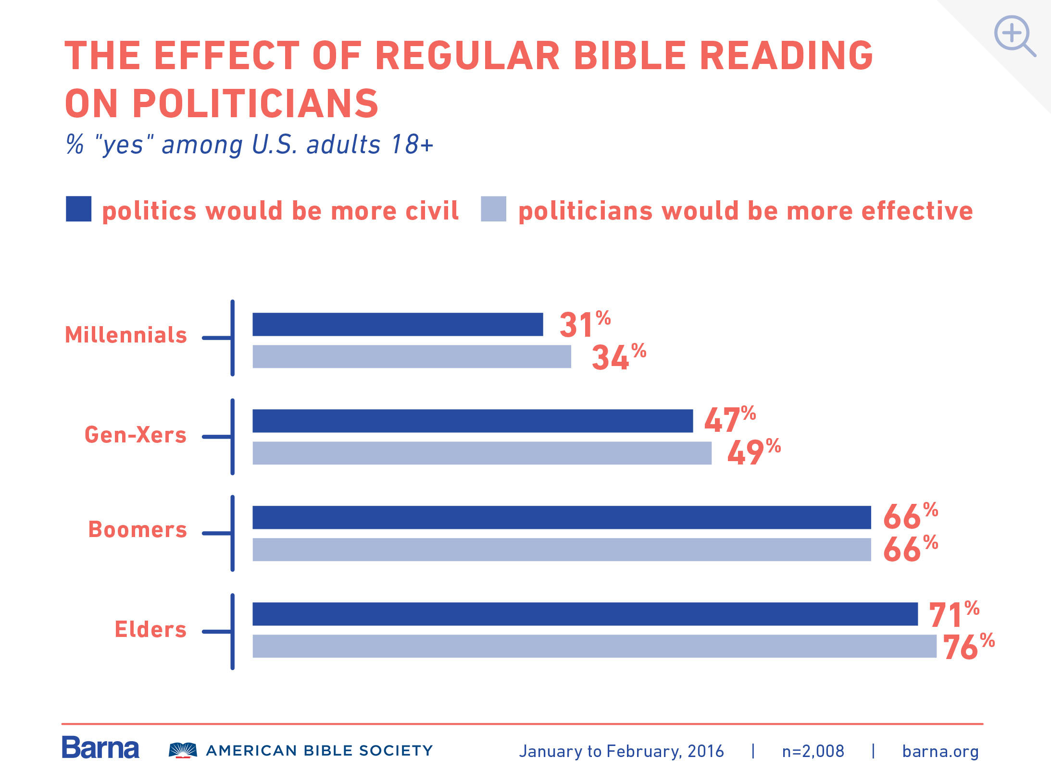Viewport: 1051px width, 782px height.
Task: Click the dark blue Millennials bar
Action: tap(398, 324)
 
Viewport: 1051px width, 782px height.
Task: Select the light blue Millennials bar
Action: tap(412, 356)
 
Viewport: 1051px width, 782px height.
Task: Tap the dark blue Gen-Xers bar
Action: tap(473, 421)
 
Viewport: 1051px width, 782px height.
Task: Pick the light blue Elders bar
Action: tap(594, 646)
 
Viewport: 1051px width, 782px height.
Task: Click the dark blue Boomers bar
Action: tap(562, 517)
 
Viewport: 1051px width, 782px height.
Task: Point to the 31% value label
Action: tap(584, 325)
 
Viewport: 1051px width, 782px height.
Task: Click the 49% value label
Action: tap(753, 452)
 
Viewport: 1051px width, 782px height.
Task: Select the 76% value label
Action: tap(968, 647)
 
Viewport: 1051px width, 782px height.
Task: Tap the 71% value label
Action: tap(953, 614)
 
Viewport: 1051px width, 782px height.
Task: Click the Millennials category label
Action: tap(126, 335)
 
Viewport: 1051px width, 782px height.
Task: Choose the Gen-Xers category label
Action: tap(136, 435)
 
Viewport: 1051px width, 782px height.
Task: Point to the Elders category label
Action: tap(150, 629)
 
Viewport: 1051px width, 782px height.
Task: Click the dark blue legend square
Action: tap(78, 209)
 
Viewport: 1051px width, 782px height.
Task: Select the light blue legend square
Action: tap(493, 209)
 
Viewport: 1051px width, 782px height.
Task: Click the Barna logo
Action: tap(100, 748)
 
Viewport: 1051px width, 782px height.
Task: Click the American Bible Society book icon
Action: tap(183, 750)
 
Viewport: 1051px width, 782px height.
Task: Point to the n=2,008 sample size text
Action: tap(813, 751)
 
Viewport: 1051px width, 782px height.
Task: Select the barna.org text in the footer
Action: tap(940, 751)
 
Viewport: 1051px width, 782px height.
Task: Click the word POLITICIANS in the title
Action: tap(255, 103)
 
